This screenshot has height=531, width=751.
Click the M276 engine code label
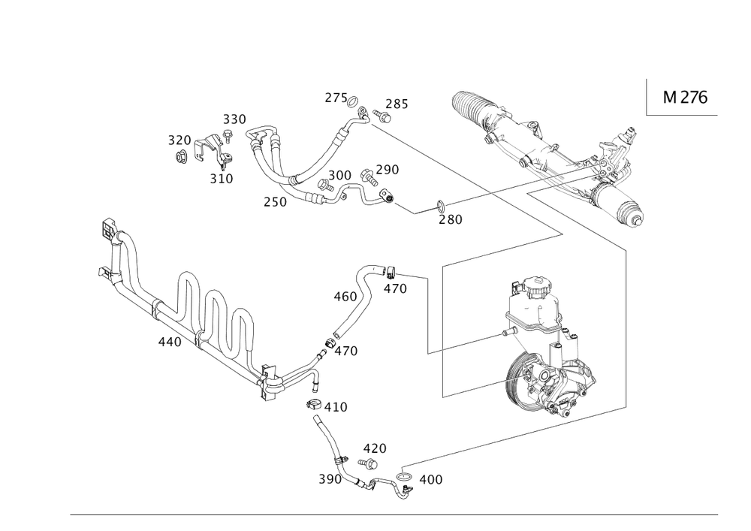(x=686, y=98)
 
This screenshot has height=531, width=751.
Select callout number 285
(x=397, y=104)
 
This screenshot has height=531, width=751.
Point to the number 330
(x=234, y=119)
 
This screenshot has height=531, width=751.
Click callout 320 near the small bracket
(x=179, y=140)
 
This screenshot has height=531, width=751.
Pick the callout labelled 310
(x=222, y=179)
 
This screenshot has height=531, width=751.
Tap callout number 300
(x=340, y=174)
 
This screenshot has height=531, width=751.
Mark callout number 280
(x=450, y=219)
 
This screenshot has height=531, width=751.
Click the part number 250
(x=275, y=202)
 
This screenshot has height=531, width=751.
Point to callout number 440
(x=169, y=342)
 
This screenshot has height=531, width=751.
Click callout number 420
(x=375, y=448)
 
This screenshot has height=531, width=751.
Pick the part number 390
(x=330, y=478)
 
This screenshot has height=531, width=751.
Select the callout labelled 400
(x=430, y=478)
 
